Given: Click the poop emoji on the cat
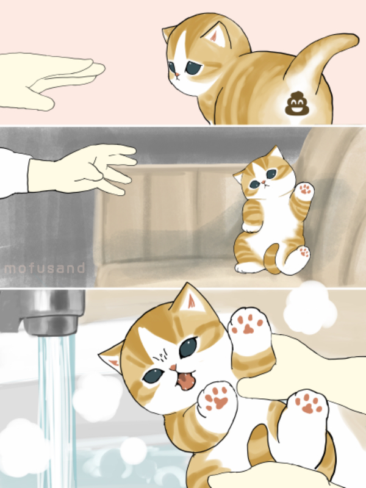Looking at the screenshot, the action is (295, 103).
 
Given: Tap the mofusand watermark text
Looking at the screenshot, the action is (45, 268).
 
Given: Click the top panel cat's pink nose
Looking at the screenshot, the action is (176, 76).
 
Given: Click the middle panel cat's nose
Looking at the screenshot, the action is (264, 182).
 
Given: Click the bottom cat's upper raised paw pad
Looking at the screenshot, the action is (249, 325).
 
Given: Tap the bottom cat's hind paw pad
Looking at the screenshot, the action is (307, 405).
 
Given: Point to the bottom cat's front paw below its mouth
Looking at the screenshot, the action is (217, 400).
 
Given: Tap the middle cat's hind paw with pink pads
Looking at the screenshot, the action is (303, 251).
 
